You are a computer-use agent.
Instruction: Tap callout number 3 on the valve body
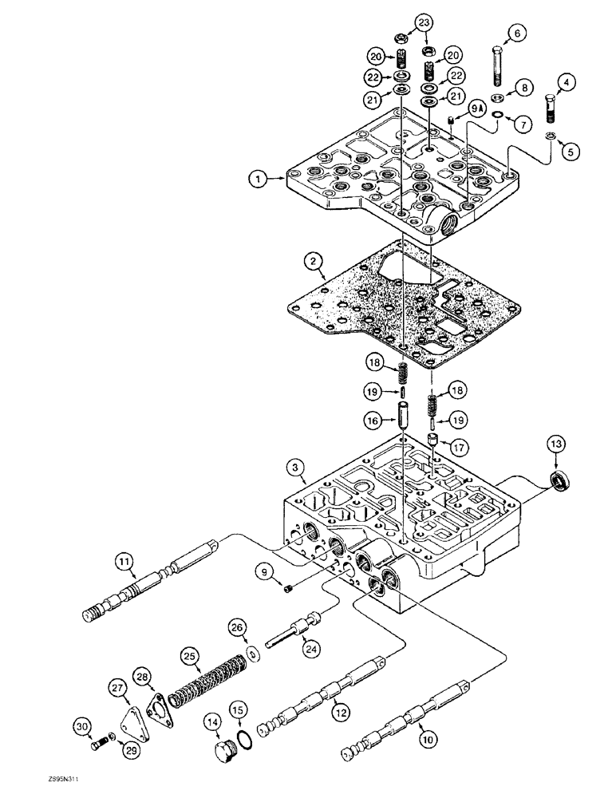[x=296, y=465]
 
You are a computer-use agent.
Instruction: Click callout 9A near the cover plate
[x=476, y=106]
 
